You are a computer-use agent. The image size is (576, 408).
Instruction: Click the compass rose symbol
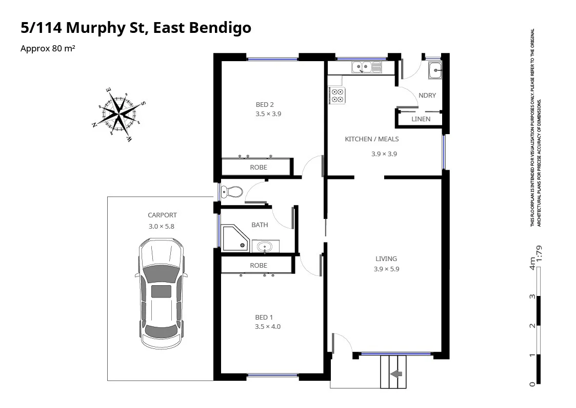coord(119,114)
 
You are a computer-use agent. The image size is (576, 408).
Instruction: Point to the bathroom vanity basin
coord(265,247)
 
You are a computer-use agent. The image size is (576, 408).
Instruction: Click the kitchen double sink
coord(366,67)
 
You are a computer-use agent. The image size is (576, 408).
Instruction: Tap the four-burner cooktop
coord(337,96)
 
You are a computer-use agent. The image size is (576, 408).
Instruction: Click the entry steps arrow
coord(396,374)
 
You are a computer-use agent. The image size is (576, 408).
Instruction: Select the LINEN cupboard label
coord(421,119)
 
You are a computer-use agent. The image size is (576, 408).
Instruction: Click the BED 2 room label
coord(265,105)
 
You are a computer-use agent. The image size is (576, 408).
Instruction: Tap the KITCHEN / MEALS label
coord(371,139)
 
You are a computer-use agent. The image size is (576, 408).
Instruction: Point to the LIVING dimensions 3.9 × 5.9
coord(386,269)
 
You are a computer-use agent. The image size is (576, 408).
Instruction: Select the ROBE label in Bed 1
coord(259,266)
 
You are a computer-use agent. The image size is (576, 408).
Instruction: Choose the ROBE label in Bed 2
coord(259,168)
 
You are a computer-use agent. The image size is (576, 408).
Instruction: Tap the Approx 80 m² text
coord(48,49)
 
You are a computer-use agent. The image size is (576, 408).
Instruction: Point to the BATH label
coord(260,225)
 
